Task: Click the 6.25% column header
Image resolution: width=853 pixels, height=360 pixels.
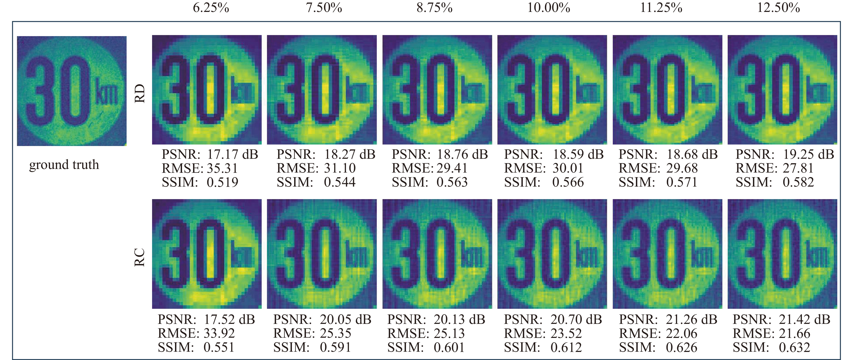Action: (x=211, y=8)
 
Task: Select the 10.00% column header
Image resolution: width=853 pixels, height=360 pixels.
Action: (x=548, y=8)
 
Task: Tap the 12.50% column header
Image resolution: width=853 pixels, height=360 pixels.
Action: (x=778, y=8)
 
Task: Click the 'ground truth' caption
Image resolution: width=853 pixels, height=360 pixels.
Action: (x=64, y=165)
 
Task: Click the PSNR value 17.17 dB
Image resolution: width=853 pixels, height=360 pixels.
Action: (x=232, y=154)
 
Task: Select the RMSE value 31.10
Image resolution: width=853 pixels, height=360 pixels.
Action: (x=340, y=168)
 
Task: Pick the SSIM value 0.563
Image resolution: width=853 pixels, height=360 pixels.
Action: (x=452, y=182)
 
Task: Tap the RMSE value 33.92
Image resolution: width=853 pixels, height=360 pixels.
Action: (x=219, y=333)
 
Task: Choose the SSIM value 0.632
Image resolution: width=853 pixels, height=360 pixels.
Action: (x=794, y=347)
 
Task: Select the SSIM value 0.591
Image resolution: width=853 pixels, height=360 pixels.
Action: (x=335, y=347)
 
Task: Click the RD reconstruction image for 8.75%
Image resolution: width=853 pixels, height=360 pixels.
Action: (x=437, y=90)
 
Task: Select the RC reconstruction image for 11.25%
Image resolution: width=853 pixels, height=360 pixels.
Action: (x=667, y=254)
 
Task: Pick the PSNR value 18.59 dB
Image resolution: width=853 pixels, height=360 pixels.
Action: (x=578, y=154)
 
